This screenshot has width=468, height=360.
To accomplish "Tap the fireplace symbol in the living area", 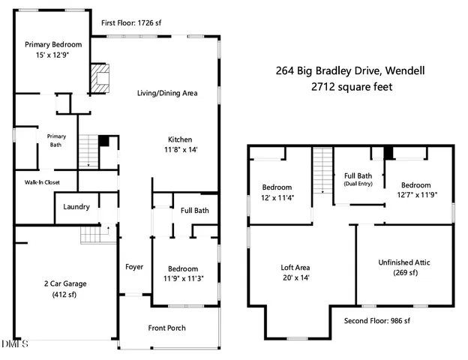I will tap(100, 77).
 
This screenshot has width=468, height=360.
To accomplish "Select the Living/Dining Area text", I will tap(166, 94).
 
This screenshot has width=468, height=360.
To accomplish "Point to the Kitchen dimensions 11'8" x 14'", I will tap(180, 150).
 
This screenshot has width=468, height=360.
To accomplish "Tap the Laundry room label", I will tap(76, 207).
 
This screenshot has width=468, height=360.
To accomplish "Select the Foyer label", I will tap(134, 266).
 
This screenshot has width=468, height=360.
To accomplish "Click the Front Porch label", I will tap(166, 328).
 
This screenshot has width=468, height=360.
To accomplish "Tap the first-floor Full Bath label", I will tap(194, 210).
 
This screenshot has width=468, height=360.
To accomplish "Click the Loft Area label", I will tap(295, 267).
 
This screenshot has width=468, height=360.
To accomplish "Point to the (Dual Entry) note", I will tap(357, 184).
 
